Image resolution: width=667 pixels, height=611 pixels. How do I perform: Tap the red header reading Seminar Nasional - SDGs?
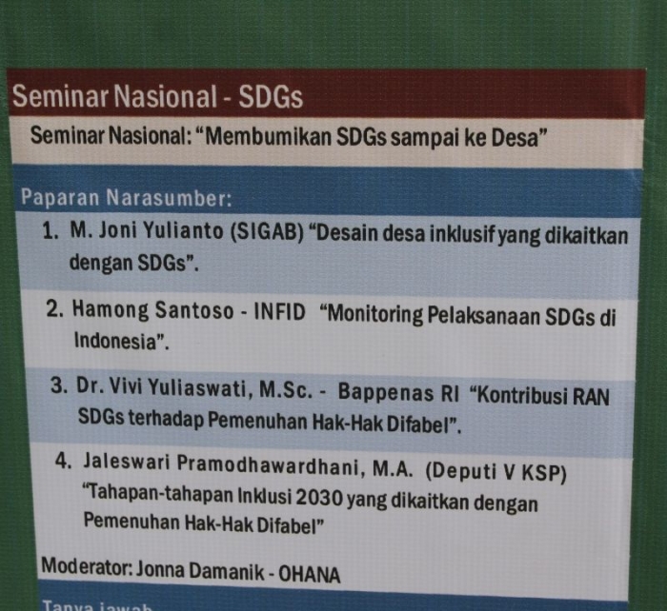click(157, 96)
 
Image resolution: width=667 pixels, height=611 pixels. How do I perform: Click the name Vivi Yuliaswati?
click(190, 389)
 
